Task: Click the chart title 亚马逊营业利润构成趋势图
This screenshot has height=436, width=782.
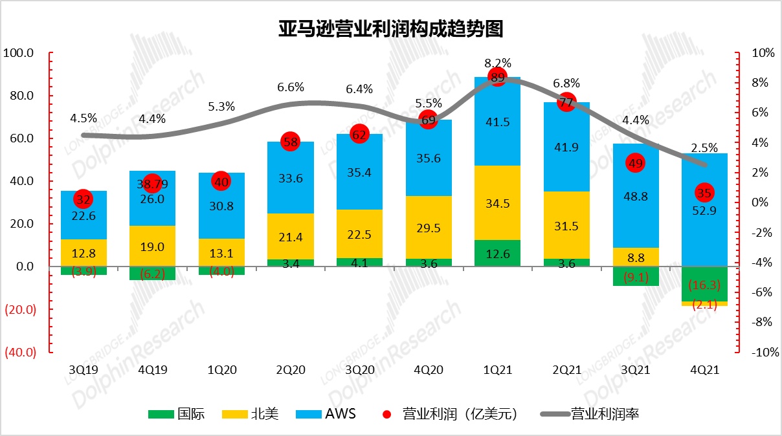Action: click(x=390, y=29)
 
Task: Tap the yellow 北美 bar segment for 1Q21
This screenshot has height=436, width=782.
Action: click(x=497, y=202)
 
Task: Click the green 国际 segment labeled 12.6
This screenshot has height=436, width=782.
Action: click(x=497, y=253)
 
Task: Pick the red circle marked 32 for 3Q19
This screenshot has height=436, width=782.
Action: click(x=83, y=199)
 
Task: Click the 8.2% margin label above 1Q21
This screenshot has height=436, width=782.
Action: click(x=497, y=63)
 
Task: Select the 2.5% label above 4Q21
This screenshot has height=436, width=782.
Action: click(x=704, y=147)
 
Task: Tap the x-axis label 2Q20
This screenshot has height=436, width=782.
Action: click(x=290, y=369)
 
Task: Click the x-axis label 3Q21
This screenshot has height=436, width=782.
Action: click(x=635, y=369)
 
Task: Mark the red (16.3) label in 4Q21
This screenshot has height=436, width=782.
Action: click(x=704, y=285)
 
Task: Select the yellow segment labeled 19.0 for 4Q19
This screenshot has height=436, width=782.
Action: click(x=152, y=246)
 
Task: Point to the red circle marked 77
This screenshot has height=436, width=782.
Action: click(x=566, y=102)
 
